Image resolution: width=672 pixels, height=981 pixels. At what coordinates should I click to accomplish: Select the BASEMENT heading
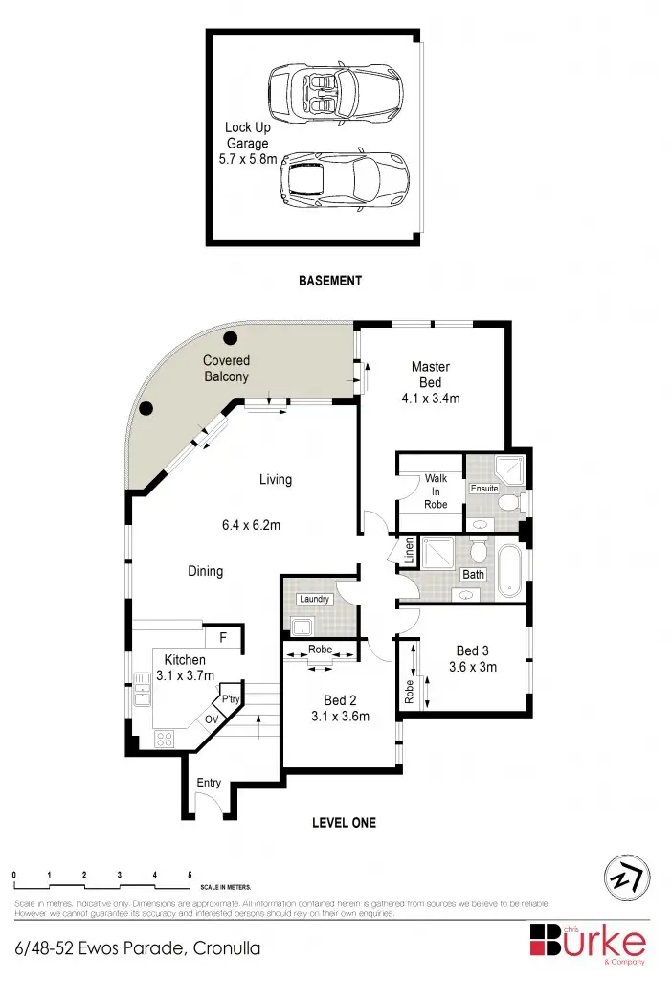click(329, 281)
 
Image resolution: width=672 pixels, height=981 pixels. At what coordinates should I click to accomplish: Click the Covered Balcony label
click(226, 369)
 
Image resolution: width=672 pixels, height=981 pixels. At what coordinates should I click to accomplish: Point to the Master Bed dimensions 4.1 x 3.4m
click(430, 398)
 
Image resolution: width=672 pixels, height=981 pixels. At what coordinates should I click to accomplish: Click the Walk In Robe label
click(436, 490)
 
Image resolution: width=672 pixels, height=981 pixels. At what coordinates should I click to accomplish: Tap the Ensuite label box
click(483, 489)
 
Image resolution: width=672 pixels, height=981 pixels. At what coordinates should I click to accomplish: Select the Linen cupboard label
click(409, 552)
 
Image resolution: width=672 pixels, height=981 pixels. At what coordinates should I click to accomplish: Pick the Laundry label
click(314, 599)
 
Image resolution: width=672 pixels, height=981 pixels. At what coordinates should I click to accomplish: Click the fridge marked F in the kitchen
click(223, 637)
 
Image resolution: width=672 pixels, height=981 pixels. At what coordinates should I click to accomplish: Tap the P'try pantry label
click(230, 699)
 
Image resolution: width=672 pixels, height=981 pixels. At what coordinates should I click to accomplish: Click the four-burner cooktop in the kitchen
click(164, 739)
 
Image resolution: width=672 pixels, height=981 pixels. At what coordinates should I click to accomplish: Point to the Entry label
click(209, 783)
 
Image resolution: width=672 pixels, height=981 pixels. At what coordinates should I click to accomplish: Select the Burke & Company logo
click(588, 939)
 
